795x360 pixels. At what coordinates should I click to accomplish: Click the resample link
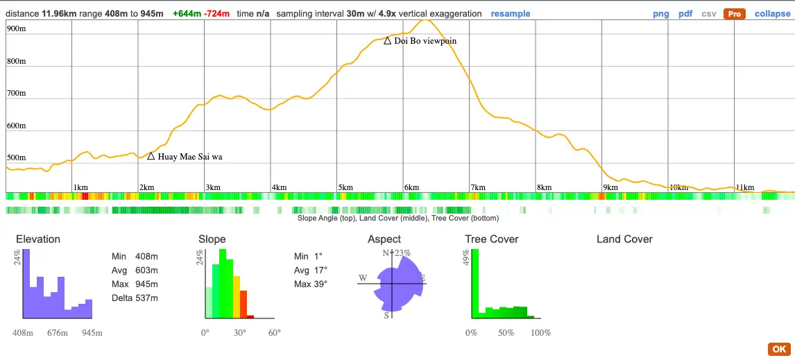(x=511, y=14)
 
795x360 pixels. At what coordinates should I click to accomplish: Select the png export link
(x=661, y=14)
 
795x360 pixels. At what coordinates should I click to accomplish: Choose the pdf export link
(x=685, y=14)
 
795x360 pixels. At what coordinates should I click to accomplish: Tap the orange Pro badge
(x=734, y=14)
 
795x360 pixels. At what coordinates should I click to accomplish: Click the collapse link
(x=773, y=14)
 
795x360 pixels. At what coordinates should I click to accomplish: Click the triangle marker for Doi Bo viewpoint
(x=387, y=40)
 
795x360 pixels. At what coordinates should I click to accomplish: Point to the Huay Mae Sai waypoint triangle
(x=151, y=156)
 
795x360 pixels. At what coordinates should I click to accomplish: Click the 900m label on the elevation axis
(x=16, y=29)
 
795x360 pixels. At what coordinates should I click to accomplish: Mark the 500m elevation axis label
(x=16, y=158)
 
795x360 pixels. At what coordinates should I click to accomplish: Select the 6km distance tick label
(x=411, y=187)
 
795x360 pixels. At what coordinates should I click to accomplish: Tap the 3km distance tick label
(x=213, y=187)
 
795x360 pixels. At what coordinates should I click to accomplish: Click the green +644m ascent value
(x=187, y=14)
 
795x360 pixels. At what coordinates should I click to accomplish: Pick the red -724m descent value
(x=216, y=14)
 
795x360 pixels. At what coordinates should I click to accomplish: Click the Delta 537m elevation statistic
(x=135, y=298)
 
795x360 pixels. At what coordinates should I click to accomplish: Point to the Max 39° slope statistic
(x=311, y=284)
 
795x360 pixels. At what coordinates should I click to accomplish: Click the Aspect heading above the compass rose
(x=384, y=239)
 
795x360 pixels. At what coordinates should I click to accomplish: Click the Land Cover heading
(x=624, y=239)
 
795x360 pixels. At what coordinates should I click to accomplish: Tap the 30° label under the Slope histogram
(x=240, y=333)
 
